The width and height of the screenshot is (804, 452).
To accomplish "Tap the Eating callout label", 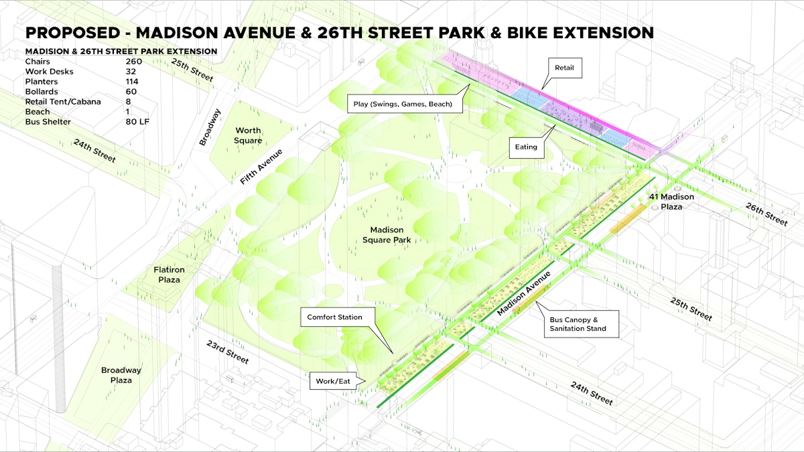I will tap(526, 147).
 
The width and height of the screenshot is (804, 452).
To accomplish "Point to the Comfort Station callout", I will tap(334, 317).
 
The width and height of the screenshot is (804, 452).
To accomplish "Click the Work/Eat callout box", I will tap(333, 382).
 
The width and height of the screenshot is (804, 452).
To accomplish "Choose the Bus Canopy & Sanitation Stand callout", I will tap(578, 324).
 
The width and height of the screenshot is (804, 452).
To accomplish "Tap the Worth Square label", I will tap(248, 135).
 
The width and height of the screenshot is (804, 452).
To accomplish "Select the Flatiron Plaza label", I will tap(169, 275).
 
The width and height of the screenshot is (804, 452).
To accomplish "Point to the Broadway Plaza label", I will tap(121, 375).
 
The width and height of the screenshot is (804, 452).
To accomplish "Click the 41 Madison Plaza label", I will tap(671, 202).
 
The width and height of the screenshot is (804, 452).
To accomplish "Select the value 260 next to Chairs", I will tap(133, 62).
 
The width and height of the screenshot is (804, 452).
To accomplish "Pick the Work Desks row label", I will tap(49, 72).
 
